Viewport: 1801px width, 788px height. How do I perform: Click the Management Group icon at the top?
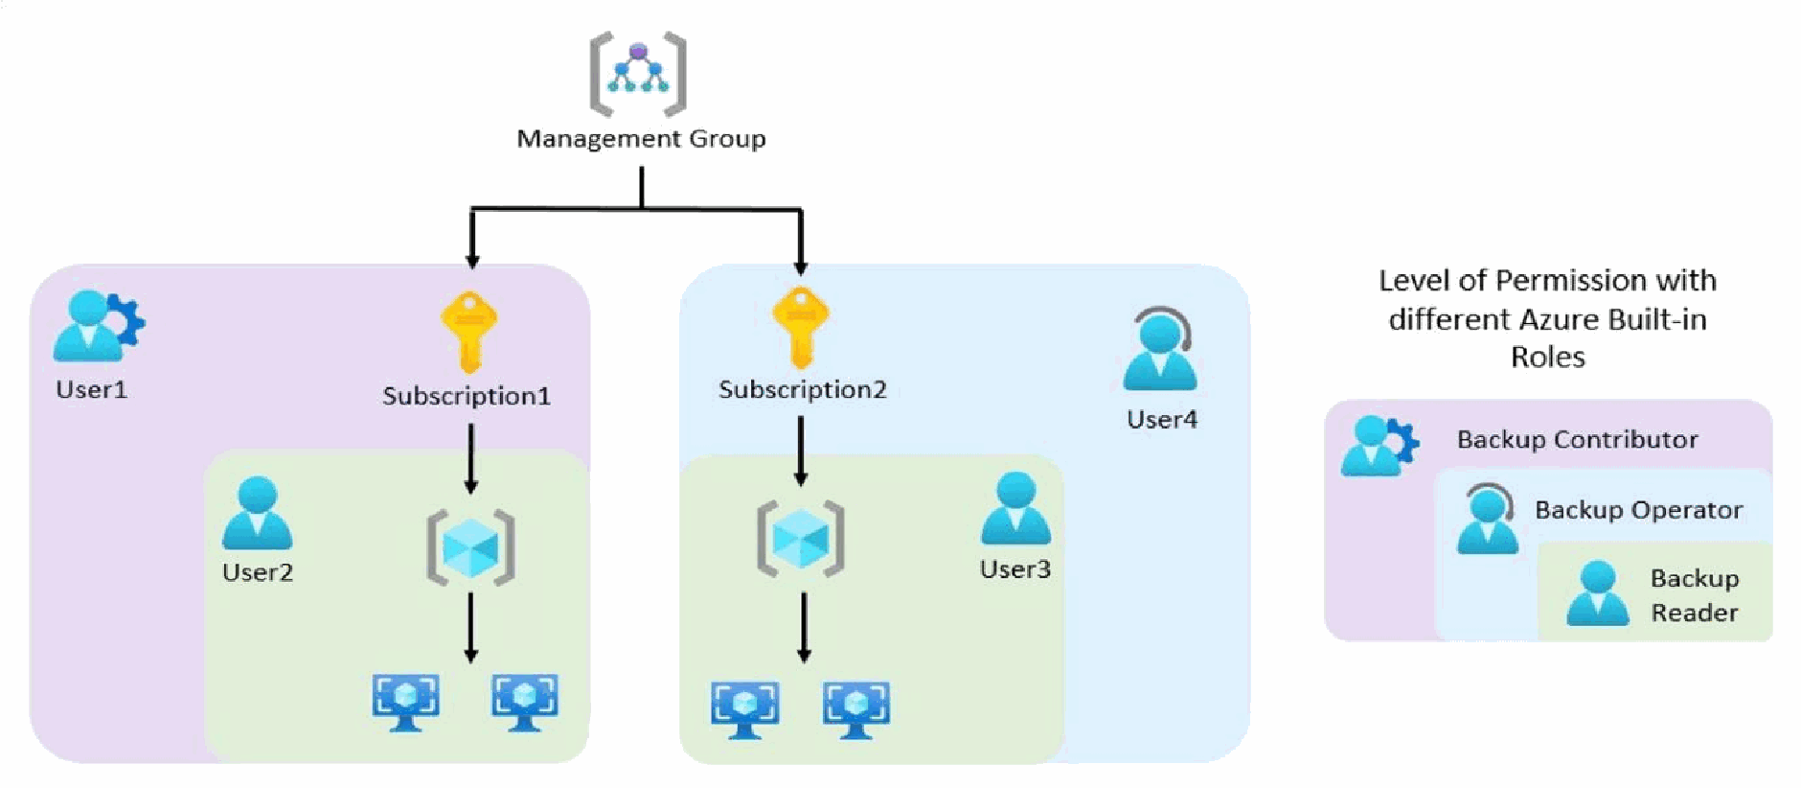pos(638,73)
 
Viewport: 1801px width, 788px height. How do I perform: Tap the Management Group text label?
pos(641,139)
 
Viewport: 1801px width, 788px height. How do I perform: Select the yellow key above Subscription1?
pos(468,332)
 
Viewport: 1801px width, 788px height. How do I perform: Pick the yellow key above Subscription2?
pos(801,327)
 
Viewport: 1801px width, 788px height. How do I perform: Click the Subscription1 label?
pos(467,396)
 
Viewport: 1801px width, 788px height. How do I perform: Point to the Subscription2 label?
pos(803,389)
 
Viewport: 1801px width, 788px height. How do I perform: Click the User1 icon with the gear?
pos(99,326)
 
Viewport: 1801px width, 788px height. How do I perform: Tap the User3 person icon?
pos(1015,508)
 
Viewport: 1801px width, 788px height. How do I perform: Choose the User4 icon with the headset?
pos(1160,348)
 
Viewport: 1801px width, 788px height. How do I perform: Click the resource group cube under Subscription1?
pos(470,547)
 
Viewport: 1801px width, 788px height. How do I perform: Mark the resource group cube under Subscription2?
pos(801,539)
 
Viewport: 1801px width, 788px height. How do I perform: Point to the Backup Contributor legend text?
pos(1577,439)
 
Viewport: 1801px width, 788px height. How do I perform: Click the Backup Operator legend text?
pos(1638,510)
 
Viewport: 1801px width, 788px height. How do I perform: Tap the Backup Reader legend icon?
pos(1597,594)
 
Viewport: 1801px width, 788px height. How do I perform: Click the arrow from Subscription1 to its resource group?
pos(470,459)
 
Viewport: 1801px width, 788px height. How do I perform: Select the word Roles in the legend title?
pos(1547,357)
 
